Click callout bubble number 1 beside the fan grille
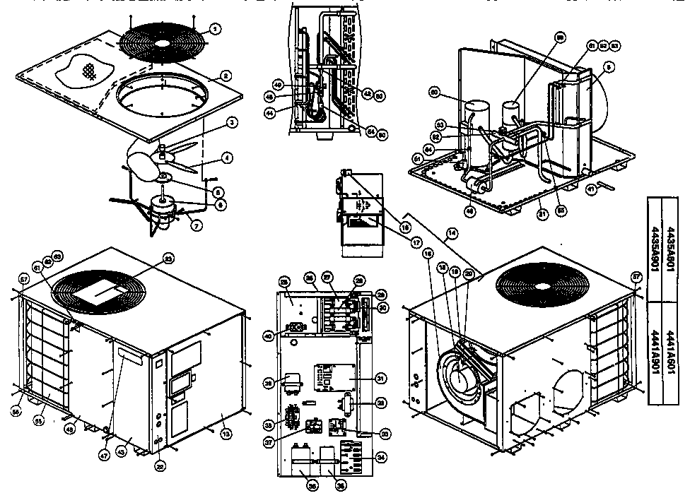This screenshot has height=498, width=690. click(x=216, y=29)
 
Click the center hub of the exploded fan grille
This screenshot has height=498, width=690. click(x=163, y=42)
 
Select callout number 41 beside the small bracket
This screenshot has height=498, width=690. click(x=590, y=187)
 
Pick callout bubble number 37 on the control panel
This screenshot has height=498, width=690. click(x=288, y=443)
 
